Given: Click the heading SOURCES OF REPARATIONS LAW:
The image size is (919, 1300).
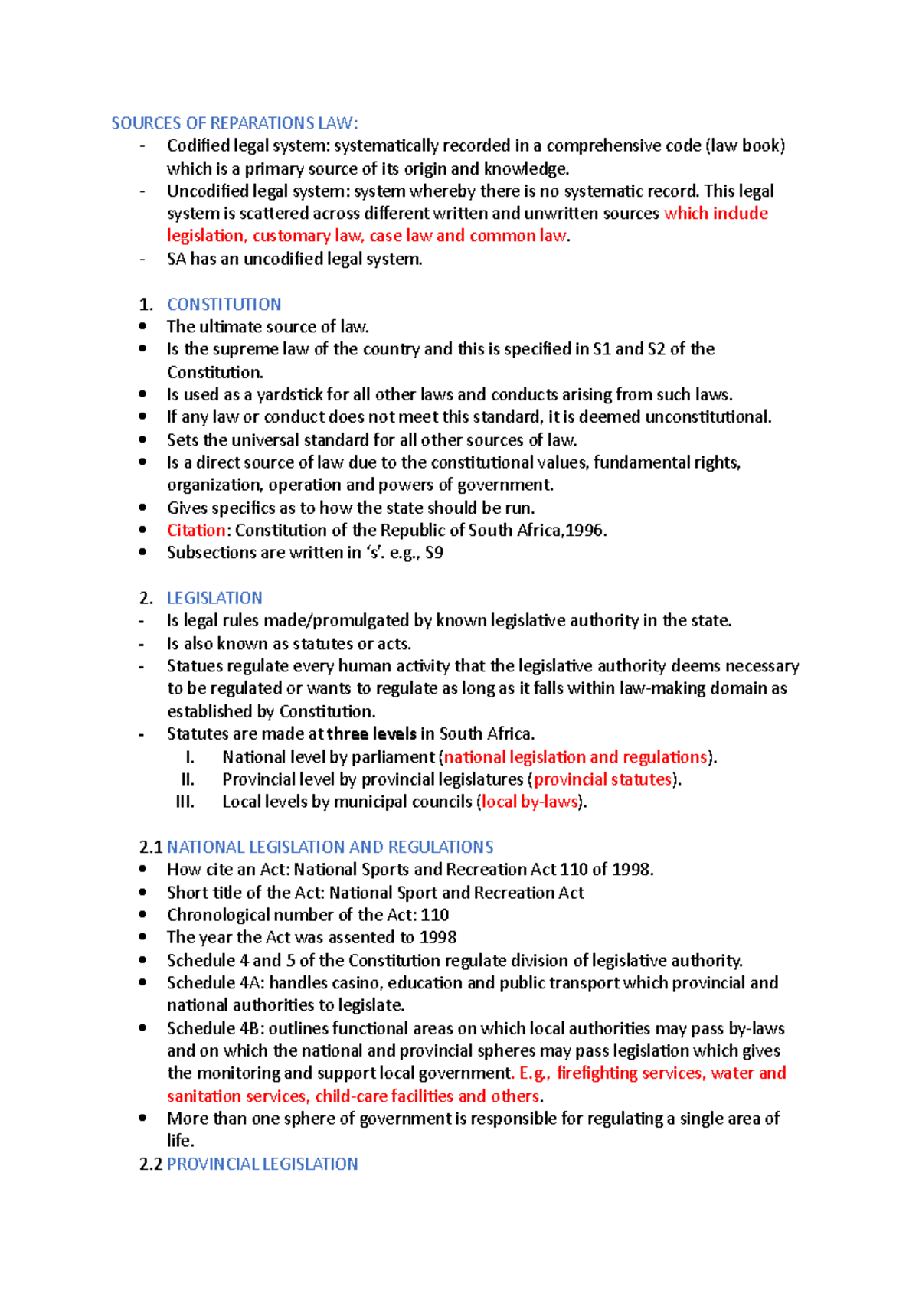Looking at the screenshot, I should click(x=234, y=123).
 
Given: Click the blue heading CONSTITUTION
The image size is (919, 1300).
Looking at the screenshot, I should click(x=224, y=304).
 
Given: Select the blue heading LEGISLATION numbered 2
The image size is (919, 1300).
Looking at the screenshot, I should click(x=214, y=598).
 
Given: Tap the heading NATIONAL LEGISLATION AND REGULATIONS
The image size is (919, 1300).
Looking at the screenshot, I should click(x=330, y=847).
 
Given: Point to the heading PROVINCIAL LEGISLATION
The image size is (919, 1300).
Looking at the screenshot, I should click(x=262, y=1164).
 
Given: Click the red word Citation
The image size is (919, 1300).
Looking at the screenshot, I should click(x=196, y=530).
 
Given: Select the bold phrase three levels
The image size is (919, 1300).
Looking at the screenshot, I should click(x=371, y=733).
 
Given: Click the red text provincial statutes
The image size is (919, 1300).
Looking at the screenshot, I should click(x=602, y=779).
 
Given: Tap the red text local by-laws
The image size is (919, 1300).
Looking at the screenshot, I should click(x=528, y=802).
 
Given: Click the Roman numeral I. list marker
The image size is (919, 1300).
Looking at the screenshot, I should click(x=189, y=757).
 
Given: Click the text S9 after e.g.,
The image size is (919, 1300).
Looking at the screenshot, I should click(x=433, y=553).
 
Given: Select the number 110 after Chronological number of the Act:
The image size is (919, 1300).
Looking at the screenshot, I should click(x=434, y=915).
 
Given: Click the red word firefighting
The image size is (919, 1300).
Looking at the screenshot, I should click(x=597, y=1073).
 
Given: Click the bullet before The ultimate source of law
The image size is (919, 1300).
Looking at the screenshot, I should click(x=142, y=326).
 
